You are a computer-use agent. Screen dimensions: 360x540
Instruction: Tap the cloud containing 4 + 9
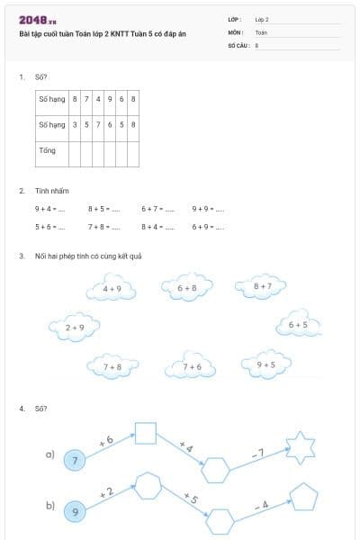[112, 289]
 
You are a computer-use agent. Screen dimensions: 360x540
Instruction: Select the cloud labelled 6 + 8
[187, 288]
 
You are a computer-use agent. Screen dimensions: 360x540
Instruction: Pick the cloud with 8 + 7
[262, 286]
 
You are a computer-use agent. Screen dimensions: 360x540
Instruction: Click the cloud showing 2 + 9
[75, 328]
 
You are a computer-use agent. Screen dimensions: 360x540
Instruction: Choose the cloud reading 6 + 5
[297, 325]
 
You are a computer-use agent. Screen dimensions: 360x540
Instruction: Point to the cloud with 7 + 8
[112, 366]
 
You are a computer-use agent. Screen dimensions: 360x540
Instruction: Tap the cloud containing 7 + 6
[192, 366]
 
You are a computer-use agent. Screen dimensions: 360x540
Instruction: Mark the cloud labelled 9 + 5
[265, 364]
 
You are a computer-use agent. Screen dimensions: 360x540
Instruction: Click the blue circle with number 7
[76, 460]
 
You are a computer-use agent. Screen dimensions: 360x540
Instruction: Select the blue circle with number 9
[76, 512]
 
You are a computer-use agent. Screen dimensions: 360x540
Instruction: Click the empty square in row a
[146, 434]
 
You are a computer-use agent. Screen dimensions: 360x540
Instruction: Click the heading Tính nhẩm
[51, 191]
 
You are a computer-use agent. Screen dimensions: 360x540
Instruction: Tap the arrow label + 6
[105, 441]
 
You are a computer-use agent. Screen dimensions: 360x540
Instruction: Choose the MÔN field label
[236, 31]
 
